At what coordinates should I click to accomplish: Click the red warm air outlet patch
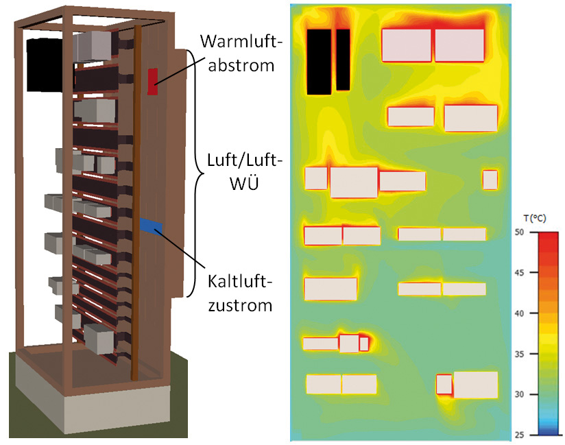[x=153, y=82]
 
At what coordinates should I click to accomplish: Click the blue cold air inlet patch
[x=151, y=225]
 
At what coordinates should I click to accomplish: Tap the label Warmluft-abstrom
[x=241, y=53]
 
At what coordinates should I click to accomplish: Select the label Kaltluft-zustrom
[x=240, y=293]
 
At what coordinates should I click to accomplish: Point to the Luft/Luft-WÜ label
[x=244, y=171]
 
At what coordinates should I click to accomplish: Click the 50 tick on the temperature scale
[x=519, y=232]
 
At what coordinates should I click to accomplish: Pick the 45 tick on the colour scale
[x=519, y=273]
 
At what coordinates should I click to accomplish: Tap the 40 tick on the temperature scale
[x=519, y=313]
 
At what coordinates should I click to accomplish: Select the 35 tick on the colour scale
[x=519, y=354]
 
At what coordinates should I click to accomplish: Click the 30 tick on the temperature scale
[x=519, y=394]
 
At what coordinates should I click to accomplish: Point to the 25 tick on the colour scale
[x=519, y=435]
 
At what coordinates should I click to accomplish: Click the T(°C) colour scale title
[x=535, y=218]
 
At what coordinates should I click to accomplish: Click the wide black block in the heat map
[x=319, y=62]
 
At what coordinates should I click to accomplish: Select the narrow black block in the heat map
[x=343, y=60]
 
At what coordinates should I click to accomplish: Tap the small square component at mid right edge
[x=490, y=180]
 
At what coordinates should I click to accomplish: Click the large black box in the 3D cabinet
[x=46, y=65]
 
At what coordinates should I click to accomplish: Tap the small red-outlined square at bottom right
[x=444, y=385]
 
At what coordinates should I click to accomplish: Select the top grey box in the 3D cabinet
[x=93, y=46]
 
